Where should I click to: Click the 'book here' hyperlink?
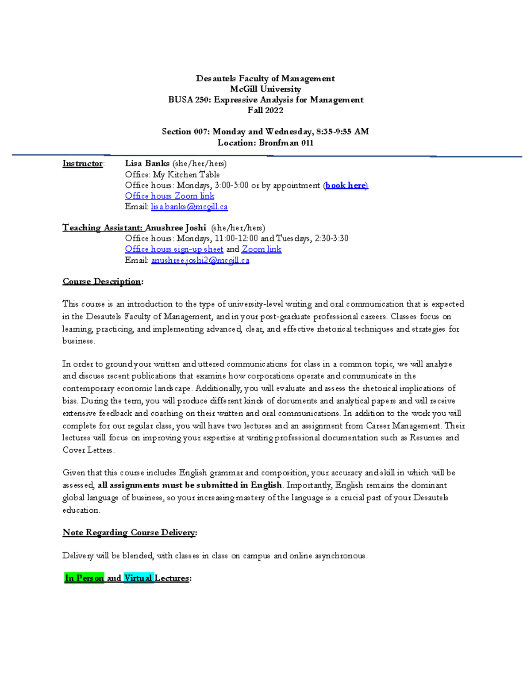(346, 185)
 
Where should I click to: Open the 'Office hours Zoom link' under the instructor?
(169, 196)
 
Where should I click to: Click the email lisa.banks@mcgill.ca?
(189, 207)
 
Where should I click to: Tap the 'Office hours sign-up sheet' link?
(174, 249)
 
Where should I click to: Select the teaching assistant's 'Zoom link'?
(261, 249)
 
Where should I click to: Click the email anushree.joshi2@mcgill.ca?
(200, 260)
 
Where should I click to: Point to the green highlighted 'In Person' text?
(84, 578)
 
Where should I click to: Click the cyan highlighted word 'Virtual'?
(138, 578)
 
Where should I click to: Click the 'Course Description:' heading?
(103, 281)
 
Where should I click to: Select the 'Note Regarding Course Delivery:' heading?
(129, 532)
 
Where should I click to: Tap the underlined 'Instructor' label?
(82, 164)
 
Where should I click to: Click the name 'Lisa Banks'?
(147, 164)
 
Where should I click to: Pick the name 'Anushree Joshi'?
(175, 228)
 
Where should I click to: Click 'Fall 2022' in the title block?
(265, 110)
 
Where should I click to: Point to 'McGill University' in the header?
(265, 89)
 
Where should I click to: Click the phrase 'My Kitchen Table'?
(186, 175)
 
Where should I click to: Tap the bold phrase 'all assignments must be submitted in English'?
(189, 485)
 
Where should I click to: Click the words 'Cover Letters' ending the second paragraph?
(88, 450)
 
